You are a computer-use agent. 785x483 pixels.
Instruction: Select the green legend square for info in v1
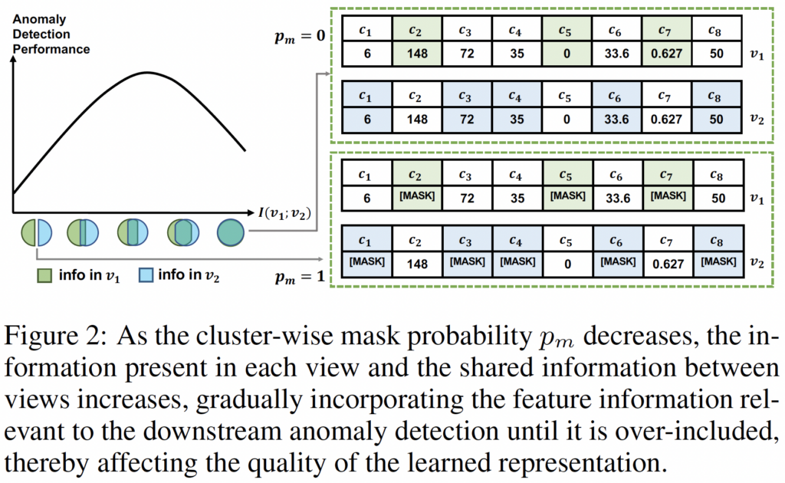point(44,275)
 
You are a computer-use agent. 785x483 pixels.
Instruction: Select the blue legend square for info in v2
point(145,275)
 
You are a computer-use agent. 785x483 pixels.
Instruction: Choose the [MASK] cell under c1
point(366,262)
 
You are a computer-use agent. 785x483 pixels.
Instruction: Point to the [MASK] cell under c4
point(517,262)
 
